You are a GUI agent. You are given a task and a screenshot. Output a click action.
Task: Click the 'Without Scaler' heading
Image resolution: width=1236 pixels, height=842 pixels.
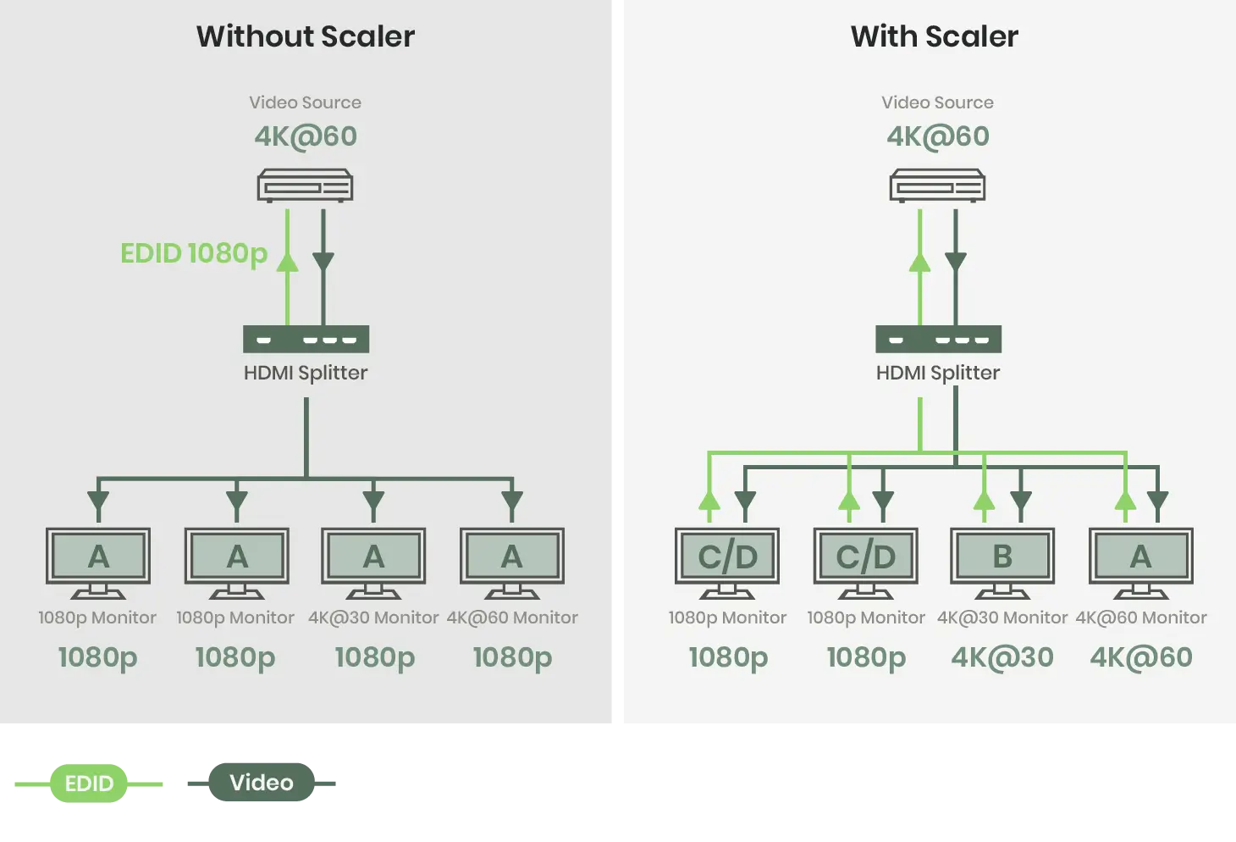[306, 36]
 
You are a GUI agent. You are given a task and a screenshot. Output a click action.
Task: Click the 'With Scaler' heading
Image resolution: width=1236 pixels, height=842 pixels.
[934, 36]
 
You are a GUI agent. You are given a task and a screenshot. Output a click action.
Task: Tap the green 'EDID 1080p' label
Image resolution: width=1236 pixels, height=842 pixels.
[194, 253]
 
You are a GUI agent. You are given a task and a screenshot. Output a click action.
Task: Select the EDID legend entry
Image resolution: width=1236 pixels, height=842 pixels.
[89, 784]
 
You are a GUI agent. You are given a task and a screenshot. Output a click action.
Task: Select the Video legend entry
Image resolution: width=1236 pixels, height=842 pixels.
[262, 783]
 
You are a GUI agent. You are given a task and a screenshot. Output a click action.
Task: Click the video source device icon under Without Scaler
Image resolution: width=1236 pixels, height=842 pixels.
[305, 186]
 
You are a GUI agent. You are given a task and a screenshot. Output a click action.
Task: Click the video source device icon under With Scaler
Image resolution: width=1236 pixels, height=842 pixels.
[937, 186]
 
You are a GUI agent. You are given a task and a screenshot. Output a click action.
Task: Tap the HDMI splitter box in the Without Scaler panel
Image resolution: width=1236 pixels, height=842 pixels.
[306, 339]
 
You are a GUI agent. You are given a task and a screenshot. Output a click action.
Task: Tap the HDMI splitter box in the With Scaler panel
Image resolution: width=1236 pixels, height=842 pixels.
[938, 339]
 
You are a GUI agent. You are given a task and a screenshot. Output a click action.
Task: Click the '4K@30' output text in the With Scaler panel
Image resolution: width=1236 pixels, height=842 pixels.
[1002, 657]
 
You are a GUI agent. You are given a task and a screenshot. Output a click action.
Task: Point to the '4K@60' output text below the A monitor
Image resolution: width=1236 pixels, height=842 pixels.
[1140, 657]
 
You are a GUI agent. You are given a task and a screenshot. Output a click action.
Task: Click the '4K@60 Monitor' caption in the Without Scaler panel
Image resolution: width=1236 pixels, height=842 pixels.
[512, 618]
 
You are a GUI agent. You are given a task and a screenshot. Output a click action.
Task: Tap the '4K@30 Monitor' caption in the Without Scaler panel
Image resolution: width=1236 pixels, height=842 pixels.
[373, 618]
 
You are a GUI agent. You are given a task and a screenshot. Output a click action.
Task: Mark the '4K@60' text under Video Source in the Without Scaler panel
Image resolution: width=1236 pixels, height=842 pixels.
[306, 136]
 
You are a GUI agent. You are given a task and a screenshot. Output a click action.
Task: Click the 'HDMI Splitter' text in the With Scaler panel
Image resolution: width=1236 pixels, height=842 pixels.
[938, 373]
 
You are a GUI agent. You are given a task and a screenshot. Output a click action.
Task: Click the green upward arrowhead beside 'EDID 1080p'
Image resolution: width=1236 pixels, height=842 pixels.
[288, 260]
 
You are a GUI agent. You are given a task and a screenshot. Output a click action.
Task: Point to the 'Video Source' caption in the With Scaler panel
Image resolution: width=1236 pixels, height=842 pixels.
[937, 102]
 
